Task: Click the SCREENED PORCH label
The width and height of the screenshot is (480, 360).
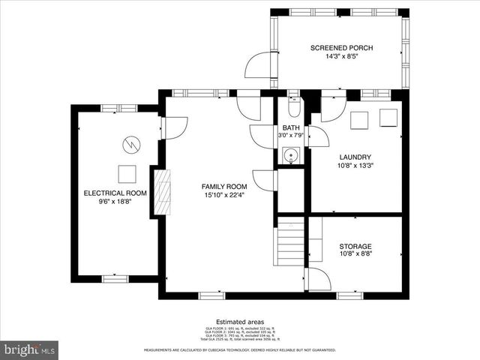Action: click(341, 48)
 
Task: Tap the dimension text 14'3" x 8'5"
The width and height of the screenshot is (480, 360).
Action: click(341, 56)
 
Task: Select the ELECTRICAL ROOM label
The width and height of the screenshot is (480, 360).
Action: click(115, 193)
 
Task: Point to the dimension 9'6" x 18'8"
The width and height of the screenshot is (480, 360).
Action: click(115, 201)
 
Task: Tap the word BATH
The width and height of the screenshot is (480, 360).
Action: click(290, 128)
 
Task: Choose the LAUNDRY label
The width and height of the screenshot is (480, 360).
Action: click(355, 157)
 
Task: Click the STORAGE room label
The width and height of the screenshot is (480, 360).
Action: click(355, 246)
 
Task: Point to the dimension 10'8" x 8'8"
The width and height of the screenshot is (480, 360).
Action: click(355, 254)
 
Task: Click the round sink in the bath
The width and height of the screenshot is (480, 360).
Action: click(291, 156)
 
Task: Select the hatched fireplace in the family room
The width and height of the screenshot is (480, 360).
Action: click(161, 193)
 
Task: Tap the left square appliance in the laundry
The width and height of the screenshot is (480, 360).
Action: click(359, 120)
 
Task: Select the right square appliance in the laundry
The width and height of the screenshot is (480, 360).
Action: click(388, 118)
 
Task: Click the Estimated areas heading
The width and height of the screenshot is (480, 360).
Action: click(239, 321)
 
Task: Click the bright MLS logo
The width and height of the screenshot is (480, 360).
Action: click(30, 349)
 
